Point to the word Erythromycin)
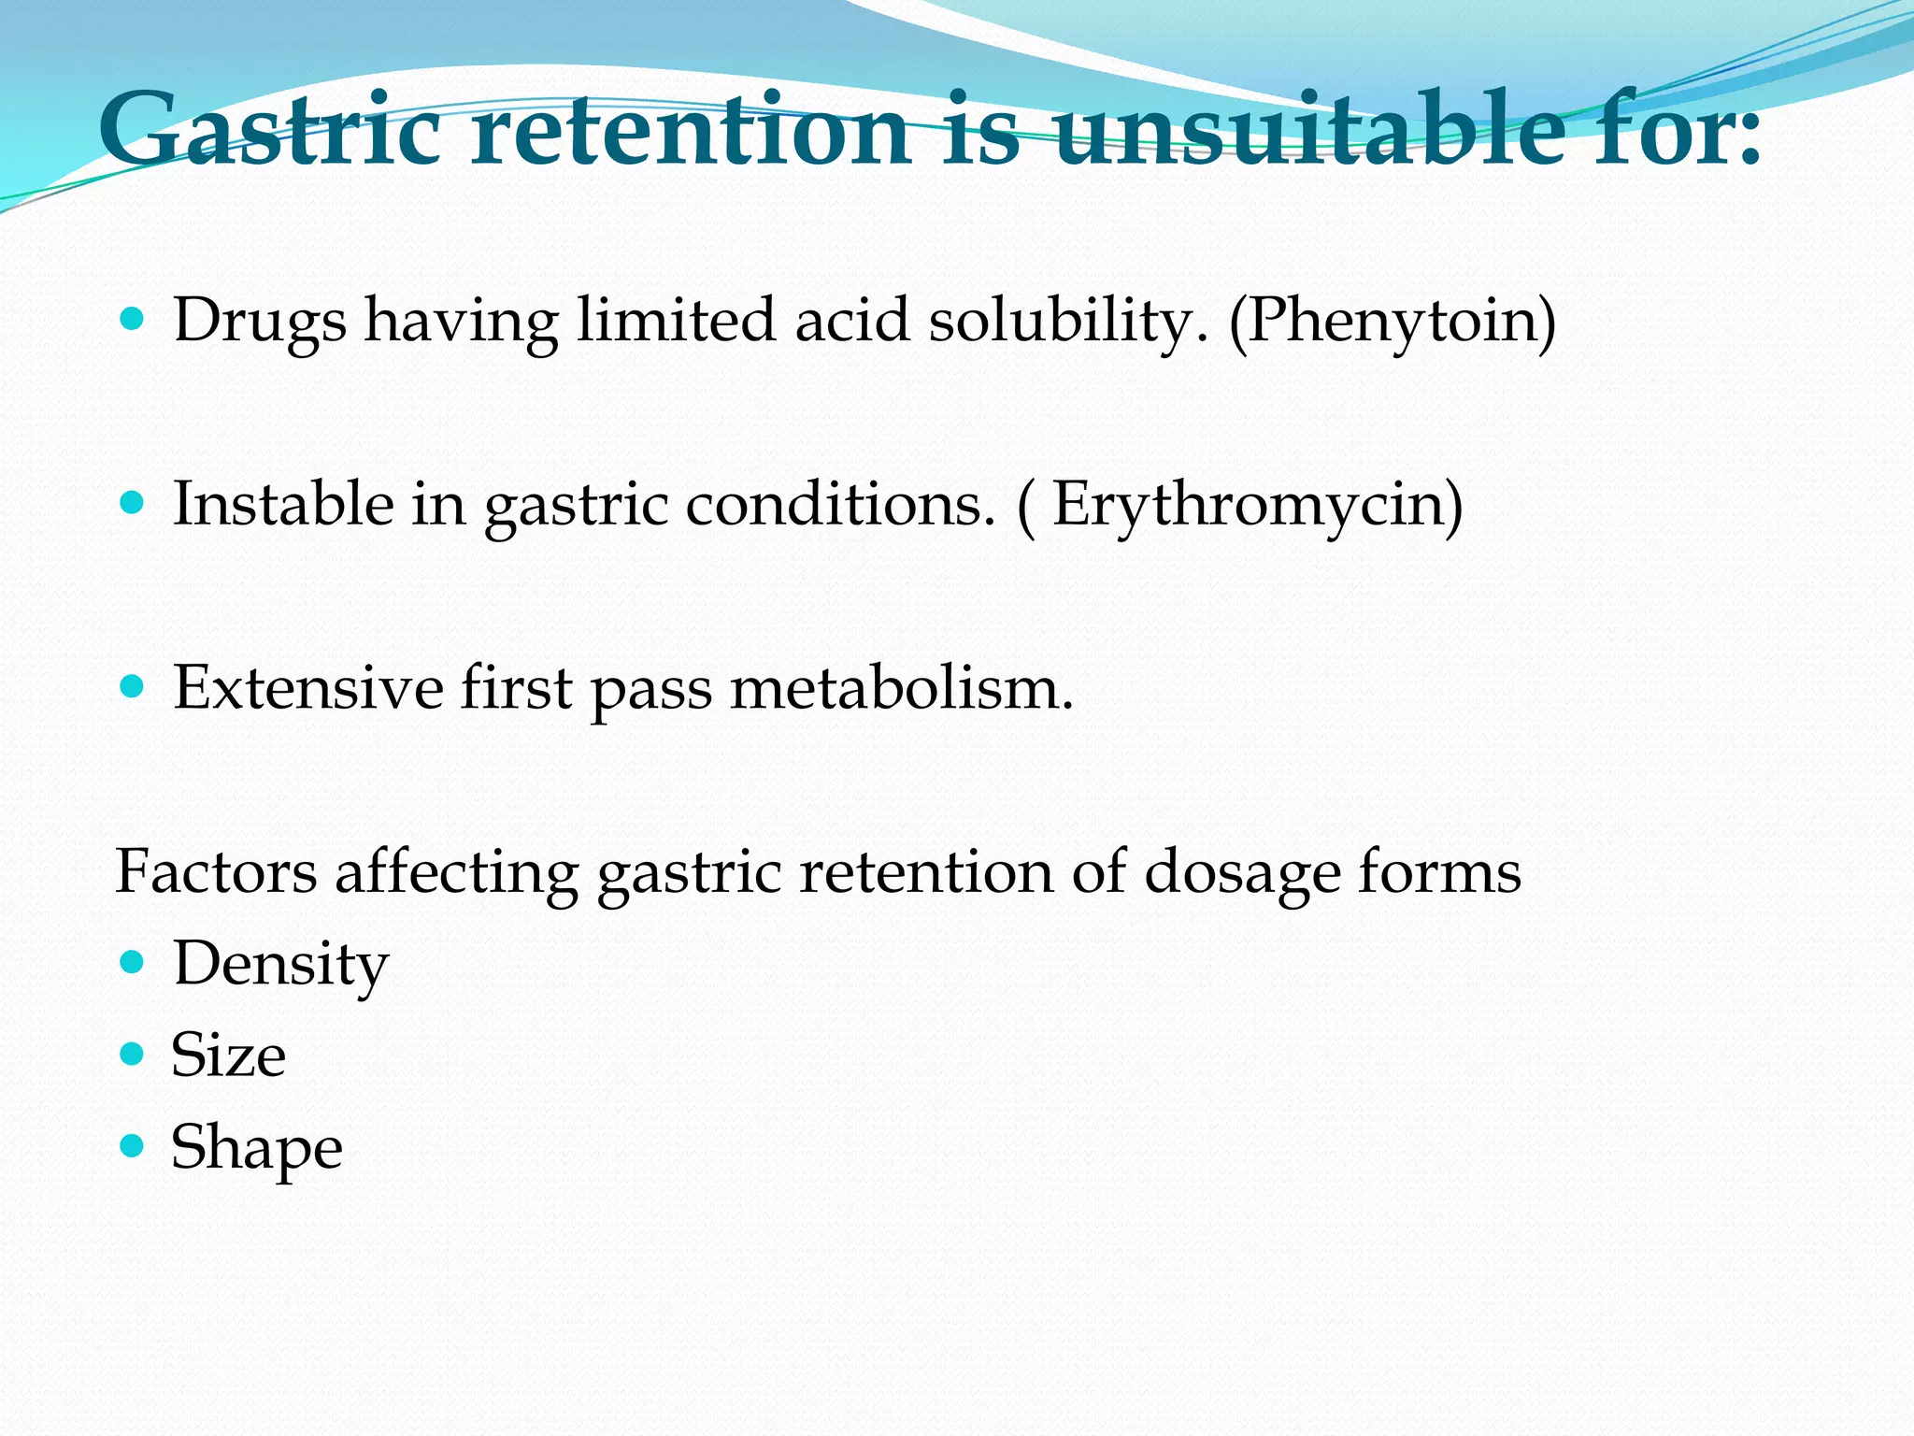1258,506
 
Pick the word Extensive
308,688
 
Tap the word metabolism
902,688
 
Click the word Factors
216,872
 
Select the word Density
280,965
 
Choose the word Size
228,1055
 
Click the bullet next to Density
133,962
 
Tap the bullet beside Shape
133,1145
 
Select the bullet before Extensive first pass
133,687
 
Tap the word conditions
841,505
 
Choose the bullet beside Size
133,1054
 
